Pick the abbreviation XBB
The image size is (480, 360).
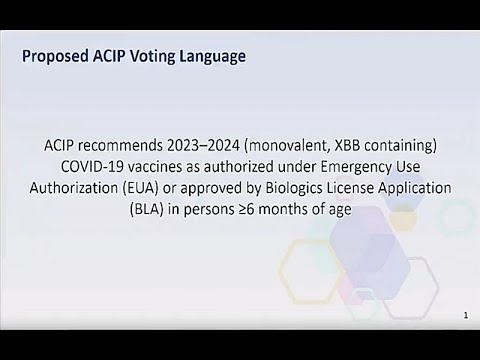coord(387,145)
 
